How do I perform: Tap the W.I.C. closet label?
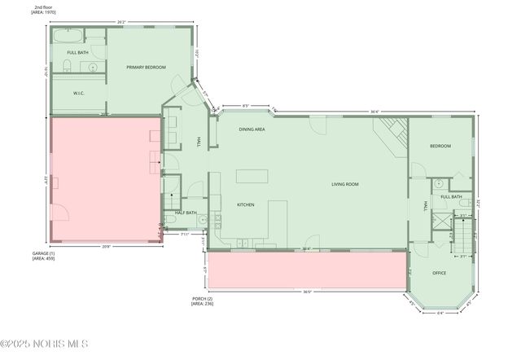click(x=79, y=93)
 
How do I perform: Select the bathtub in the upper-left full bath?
click(x=68, y=37)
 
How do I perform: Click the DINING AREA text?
click(x=252, y=130)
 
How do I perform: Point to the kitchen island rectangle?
click(x=252, y=175)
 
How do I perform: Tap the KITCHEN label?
click(x=247, y=204)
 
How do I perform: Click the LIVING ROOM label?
click(x=345, y=184)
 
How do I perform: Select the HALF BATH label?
click(x=186, y=213)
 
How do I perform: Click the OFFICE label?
click(x=439, y=273)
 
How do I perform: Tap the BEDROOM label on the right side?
click(x=440, y=146)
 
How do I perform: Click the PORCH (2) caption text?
click(x=203, y=301)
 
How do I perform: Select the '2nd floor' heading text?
click(x=44, y=7)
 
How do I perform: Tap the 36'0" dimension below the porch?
click(x=307, y=292)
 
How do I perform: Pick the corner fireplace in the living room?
click(x=393, y=132)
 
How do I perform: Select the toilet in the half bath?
click(x=168, y=220)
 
